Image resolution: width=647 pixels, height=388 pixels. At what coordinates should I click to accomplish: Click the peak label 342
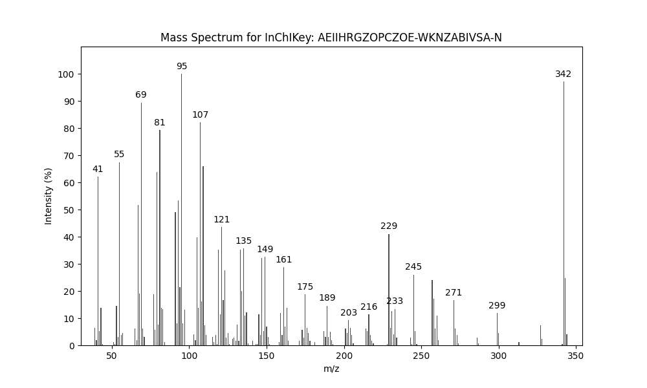tap(563, 74)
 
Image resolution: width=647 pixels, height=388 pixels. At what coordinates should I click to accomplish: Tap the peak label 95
tap(182, 67)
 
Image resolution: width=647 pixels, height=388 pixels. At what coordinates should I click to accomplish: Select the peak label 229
tap(389, 226)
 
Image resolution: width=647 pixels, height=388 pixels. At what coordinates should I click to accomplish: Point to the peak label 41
tap(98, 169)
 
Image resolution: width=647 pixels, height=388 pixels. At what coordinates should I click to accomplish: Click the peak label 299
tap(497, 306)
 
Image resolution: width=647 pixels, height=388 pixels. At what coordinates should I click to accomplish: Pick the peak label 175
tap(305, 287)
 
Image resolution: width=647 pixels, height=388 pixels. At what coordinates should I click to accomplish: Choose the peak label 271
tap(454, 293)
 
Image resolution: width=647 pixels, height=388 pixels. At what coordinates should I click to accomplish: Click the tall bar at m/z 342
tap(564, 213)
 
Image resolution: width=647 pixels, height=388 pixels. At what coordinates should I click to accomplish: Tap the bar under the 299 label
tap(497, 329)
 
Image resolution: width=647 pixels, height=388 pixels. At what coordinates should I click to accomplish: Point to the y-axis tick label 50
tap(68, 210)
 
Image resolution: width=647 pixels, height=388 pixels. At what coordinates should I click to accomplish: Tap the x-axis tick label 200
tap(344, 356)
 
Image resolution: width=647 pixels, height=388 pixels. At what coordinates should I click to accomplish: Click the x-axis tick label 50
tap(112, 356)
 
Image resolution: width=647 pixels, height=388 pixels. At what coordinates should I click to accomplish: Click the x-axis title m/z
tap(331, 369)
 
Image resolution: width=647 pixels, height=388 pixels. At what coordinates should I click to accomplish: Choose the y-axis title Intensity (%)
tap(49, 196)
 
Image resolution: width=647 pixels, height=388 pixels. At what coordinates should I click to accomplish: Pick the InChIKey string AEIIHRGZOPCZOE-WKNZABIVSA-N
tap(410, 38)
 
